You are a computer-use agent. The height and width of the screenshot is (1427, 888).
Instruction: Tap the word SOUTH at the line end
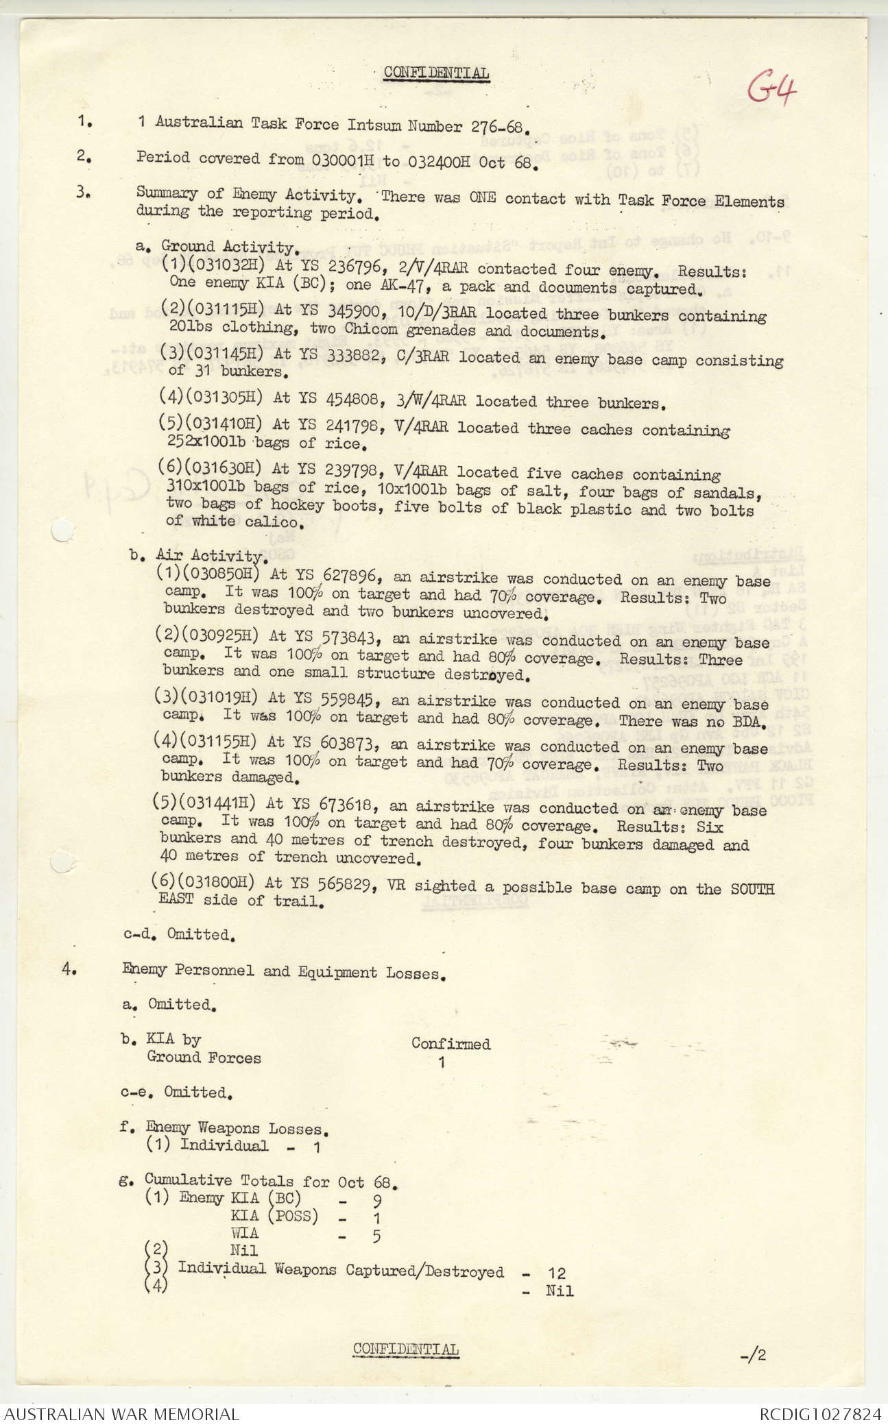pos(752,889)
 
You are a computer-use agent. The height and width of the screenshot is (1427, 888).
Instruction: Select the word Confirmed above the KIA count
pos(451,1044)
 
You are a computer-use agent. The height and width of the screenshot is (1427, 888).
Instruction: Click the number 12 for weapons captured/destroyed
pos(557,1273)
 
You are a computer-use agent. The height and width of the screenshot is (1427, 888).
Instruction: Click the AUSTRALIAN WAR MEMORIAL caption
pos(122,1414)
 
